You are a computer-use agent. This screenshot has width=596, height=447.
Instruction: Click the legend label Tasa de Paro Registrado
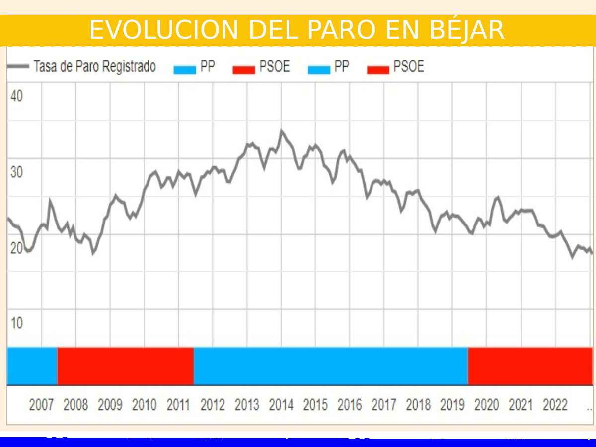tap(94, 67)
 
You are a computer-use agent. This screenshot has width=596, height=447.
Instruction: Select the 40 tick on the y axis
tap(16, 96)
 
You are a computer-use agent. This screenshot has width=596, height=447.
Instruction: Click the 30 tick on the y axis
tap(16, 172)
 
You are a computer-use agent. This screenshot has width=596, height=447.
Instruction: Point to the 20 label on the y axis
tap(16, 248)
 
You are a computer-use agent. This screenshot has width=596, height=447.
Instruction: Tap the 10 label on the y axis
tap(16, 323)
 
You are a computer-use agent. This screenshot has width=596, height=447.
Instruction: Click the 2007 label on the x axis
tap(41, 405)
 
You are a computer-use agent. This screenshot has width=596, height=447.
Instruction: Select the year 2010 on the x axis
tap(144, 405)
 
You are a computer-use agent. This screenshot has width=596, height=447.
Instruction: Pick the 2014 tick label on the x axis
tap(281, 405)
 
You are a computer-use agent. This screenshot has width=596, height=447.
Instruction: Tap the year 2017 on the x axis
tap(384, 405)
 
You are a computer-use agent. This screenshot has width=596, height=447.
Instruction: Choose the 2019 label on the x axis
tap(452, 405)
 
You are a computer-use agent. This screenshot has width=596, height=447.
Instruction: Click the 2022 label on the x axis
tap(555, 405)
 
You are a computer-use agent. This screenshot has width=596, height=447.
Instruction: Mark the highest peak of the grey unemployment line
tap(281, 131)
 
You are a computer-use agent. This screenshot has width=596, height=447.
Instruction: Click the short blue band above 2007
tap(32, 366)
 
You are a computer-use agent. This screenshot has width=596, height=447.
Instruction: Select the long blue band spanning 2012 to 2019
tap(331, 366)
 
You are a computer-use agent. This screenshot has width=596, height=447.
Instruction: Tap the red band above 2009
tap(125, 366)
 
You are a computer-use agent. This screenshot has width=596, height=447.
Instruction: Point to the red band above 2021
tap(530, 366)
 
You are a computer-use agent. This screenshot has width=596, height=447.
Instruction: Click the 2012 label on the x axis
tap(213, 405)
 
